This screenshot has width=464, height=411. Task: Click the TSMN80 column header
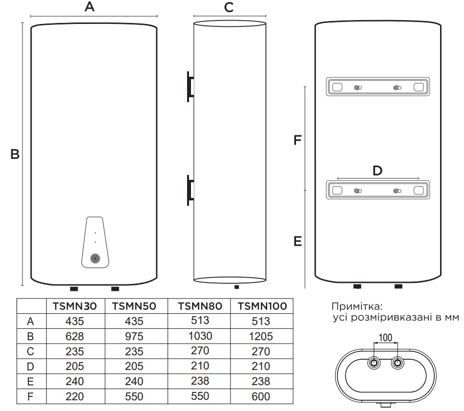[200, 307]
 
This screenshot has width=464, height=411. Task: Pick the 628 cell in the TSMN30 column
[76, 337]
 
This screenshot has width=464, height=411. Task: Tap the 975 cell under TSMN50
[135, 337]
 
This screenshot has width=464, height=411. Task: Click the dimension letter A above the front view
[89, 7]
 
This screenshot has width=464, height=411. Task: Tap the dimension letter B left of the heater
[15, 154]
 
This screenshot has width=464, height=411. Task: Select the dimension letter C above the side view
[229, 7]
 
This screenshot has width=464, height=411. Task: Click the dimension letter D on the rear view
[377, 171]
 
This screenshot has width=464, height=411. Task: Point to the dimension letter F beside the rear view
[296, 140]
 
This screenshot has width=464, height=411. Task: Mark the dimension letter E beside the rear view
[297, 241]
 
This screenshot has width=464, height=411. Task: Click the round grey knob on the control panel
[95, 259]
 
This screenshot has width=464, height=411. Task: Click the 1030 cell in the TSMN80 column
[200, 337]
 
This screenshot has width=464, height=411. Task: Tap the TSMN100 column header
[261, 307]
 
